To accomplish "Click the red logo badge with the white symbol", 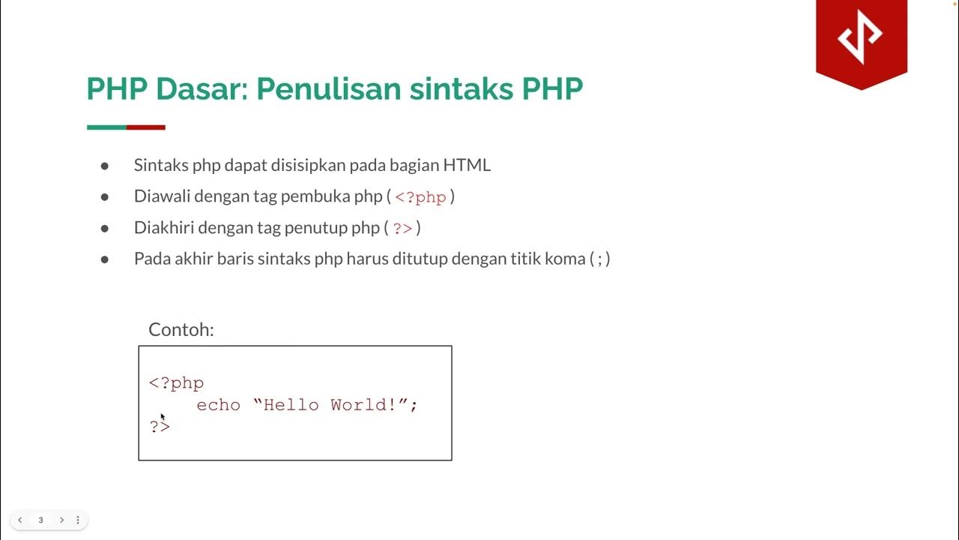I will pos(861,37).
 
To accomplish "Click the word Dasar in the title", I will pos(200,89).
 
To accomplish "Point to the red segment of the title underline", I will pos(146,127).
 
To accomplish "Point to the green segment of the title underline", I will pos(106,127).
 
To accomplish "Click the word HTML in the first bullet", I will pos(467,165).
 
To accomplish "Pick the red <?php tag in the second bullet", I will pos(420,197).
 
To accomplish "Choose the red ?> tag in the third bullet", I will pos(402,228).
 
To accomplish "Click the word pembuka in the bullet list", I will pos(317,196).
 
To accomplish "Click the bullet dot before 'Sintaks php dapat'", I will pos(105,166).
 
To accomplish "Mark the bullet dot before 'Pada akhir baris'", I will pos(105,259).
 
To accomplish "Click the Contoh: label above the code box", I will pos(181,329).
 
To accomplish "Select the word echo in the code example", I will pos(218,405).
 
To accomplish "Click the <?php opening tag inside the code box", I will pos(176,383).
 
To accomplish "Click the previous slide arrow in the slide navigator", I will pos(20,520).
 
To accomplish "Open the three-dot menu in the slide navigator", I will pos(78,520).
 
